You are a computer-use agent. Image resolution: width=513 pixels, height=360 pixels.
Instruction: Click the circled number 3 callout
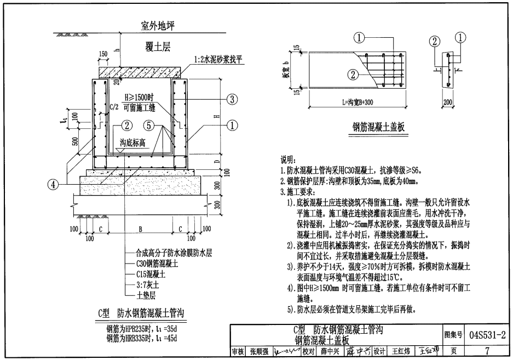(233, 99)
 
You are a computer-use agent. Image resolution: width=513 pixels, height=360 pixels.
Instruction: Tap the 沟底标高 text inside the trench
(132, 143)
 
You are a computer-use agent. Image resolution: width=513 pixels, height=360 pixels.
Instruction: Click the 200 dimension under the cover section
(447, 102)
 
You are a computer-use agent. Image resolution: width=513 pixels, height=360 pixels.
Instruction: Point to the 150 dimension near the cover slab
(103, 54)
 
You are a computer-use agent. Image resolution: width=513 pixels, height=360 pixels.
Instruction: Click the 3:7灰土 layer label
(148, 285)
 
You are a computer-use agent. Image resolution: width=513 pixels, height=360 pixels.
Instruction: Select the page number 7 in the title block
(487, 351)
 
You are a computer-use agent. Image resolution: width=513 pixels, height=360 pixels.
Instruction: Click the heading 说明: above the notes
(288, 159)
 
